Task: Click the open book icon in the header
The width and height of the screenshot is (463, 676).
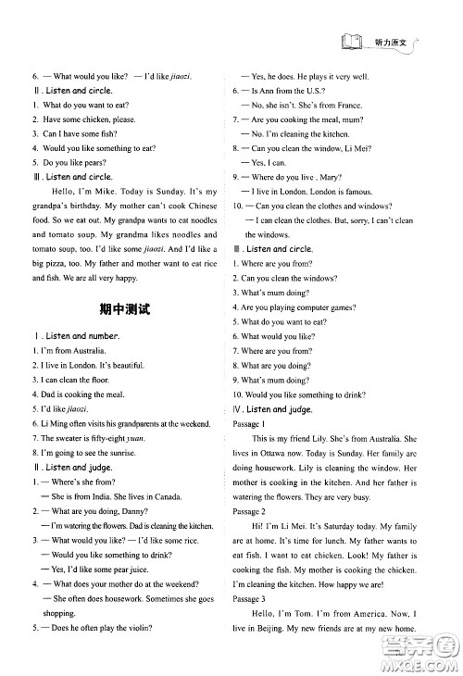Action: tap(351, 42)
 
